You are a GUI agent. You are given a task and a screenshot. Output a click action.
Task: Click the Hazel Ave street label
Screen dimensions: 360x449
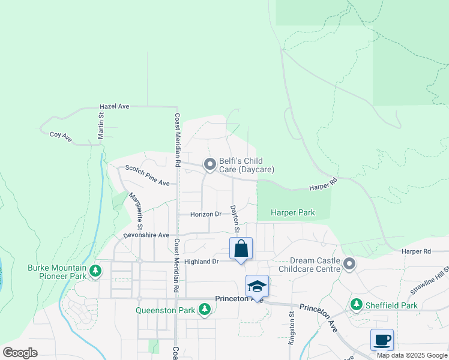(115, 106)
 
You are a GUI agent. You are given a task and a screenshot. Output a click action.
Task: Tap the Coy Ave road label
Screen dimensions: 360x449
(61, 137)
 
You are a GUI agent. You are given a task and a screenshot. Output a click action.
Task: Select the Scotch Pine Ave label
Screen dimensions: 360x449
(146, 175)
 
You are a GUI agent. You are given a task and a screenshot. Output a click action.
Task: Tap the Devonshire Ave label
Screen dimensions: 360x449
(146, 235)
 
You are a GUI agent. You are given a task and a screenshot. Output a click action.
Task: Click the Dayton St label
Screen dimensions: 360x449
(235, 219)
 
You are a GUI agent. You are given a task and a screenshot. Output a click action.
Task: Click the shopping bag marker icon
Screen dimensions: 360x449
(241, 248)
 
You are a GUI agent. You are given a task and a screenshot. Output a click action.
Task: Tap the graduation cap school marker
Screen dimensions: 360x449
(257, 286)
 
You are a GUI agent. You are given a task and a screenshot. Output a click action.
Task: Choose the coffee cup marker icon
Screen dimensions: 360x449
(382, 340)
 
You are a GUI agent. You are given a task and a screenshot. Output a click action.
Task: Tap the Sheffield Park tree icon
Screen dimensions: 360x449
(357, 305)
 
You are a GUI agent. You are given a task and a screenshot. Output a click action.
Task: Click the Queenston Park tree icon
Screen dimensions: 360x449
(205, 310)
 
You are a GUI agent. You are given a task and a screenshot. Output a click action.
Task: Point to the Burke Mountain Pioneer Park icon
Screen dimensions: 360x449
(95, 272)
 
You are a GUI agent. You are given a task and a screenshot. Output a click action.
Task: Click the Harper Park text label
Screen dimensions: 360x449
(292, 213)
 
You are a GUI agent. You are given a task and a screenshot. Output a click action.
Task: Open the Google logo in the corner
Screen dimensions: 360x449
(20, 353)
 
